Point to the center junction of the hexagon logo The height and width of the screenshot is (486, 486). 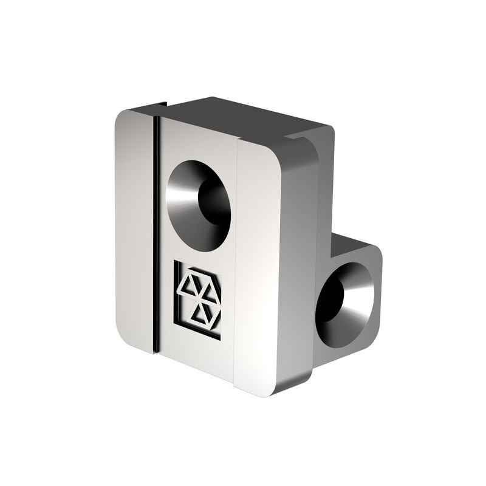[199, 298]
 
